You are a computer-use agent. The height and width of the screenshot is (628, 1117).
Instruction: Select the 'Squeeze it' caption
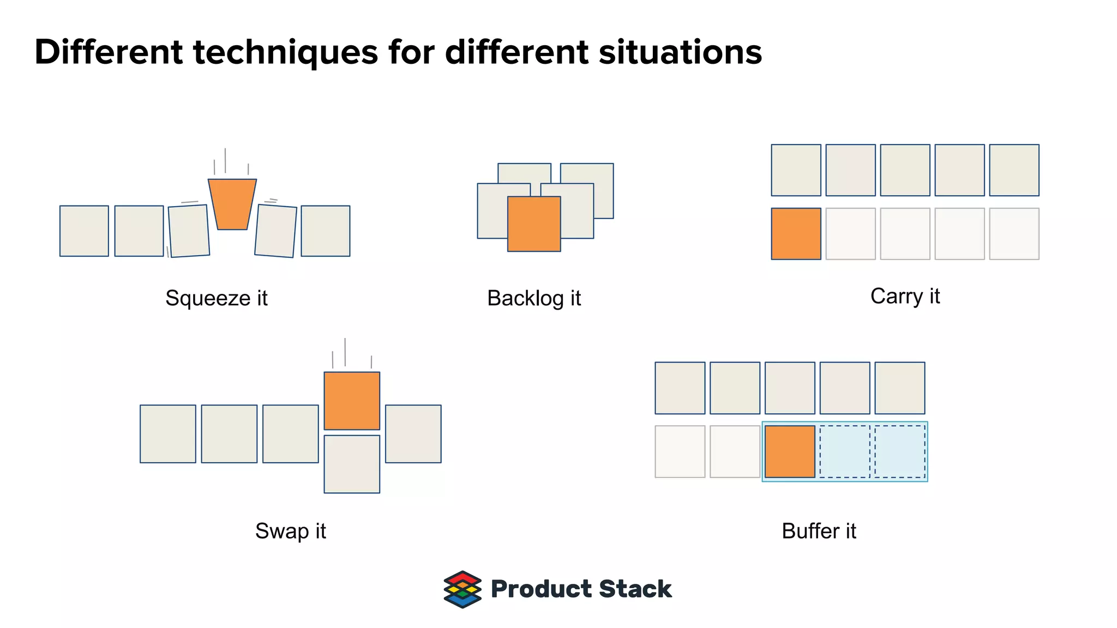click(x=217, y=298)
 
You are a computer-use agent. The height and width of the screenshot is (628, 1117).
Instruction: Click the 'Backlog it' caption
click(x=534, y=298)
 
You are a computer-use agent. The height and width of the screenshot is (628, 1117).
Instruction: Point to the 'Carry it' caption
click(x=905, y=296)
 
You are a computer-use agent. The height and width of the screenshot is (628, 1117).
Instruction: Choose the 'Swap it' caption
click(x=290, y=531)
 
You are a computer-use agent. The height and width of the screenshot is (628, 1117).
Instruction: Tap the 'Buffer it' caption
click(x=819, y=531)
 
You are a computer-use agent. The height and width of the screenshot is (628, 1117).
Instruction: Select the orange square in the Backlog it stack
click(x=534, y=224)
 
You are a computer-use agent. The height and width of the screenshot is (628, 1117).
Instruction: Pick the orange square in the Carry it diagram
click(x=796, y=234)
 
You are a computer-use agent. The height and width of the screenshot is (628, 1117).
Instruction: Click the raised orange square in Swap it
click(x=352, y=401)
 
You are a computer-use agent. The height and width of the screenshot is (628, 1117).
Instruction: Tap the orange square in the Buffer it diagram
click(x=790, y=451)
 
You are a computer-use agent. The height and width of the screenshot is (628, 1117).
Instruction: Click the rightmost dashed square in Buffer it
click(x=900, y=451)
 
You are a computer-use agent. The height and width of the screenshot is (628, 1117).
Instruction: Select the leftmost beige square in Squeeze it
click(x=84, y=231)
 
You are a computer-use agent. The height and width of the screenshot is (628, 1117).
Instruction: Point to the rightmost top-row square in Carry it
click(x=1014, y=170)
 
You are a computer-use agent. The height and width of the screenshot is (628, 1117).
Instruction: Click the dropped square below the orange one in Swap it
click(x=352, y=464)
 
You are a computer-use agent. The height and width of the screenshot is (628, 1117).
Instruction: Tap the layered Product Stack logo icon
click(x=463, y=589)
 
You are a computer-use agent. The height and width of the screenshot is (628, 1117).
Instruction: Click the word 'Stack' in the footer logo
click(x=635, y=589)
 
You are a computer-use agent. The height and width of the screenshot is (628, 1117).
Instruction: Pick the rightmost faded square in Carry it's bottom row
click(x=1014, y=234)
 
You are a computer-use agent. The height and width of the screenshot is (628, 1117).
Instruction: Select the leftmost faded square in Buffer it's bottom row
click(x=680, y=451)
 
